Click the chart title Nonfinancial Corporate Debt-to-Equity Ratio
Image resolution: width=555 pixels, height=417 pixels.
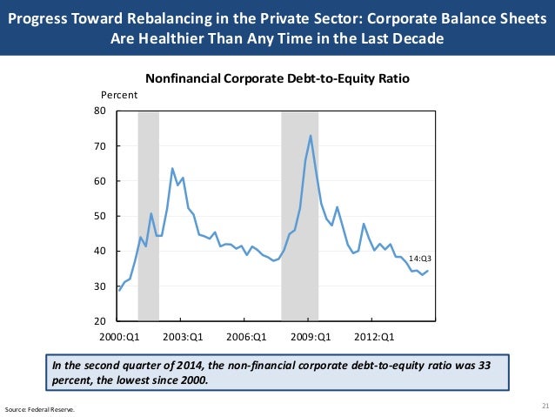point(277,79)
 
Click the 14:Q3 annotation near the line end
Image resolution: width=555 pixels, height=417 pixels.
point(420,258)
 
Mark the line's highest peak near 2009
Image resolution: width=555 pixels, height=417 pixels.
point(311,136)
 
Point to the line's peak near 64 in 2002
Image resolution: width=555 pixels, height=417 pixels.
point(172,168)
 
